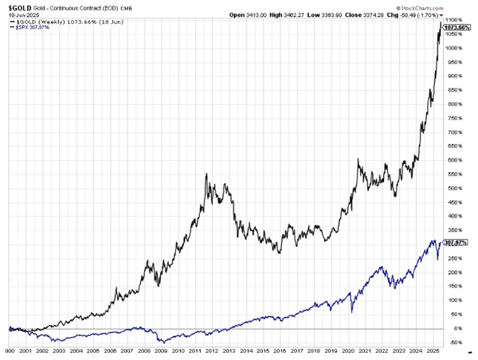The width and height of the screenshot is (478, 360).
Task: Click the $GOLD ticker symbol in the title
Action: (16, 6)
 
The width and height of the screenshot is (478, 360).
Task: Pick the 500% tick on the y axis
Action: (454, 188)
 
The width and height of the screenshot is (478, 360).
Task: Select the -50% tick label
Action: (454, 342)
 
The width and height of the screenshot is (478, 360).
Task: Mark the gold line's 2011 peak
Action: (206, 174)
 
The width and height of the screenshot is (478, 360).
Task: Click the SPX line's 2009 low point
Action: (161, 342)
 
